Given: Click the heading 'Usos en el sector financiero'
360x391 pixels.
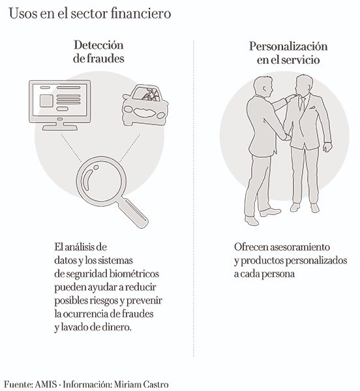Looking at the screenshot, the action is pyautogui.click(x=90, y=14).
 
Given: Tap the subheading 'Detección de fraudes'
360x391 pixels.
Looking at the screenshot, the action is pyautogui.click(x=98, y=51).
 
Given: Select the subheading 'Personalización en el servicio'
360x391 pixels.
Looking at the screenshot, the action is pyautogui.click(x=288, y=53).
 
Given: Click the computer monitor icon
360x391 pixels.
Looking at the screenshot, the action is pyautogui.click(x=60, y=105).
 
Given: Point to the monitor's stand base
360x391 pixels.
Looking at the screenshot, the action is pyautogui.click(x=60, y=128).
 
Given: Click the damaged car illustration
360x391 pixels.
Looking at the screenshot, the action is pyautogui.click(x=145, y=105).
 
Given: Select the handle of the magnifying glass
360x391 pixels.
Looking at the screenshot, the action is pyautogui.click(x=134, y=213).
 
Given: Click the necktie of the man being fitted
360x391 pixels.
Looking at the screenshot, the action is pyautogui.click(x=303, y=104).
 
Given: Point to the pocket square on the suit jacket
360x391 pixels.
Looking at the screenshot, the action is pyautogui.click(x=312, y=108).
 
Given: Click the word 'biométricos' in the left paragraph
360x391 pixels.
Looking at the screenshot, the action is pyautogui.click(x=134, y=274).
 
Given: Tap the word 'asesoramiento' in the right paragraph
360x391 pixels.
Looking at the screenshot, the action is pyautogui.click(x=300, y=247).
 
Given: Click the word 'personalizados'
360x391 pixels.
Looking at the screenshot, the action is pyautogui.click(x=316, y=261).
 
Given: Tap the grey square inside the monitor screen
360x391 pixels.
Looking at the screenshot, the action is pyautogui.click(x=46, y=101).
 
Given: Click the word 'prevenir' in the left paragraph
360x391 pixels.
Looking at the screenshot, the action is pyautogui.click(x=144, y=300).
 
